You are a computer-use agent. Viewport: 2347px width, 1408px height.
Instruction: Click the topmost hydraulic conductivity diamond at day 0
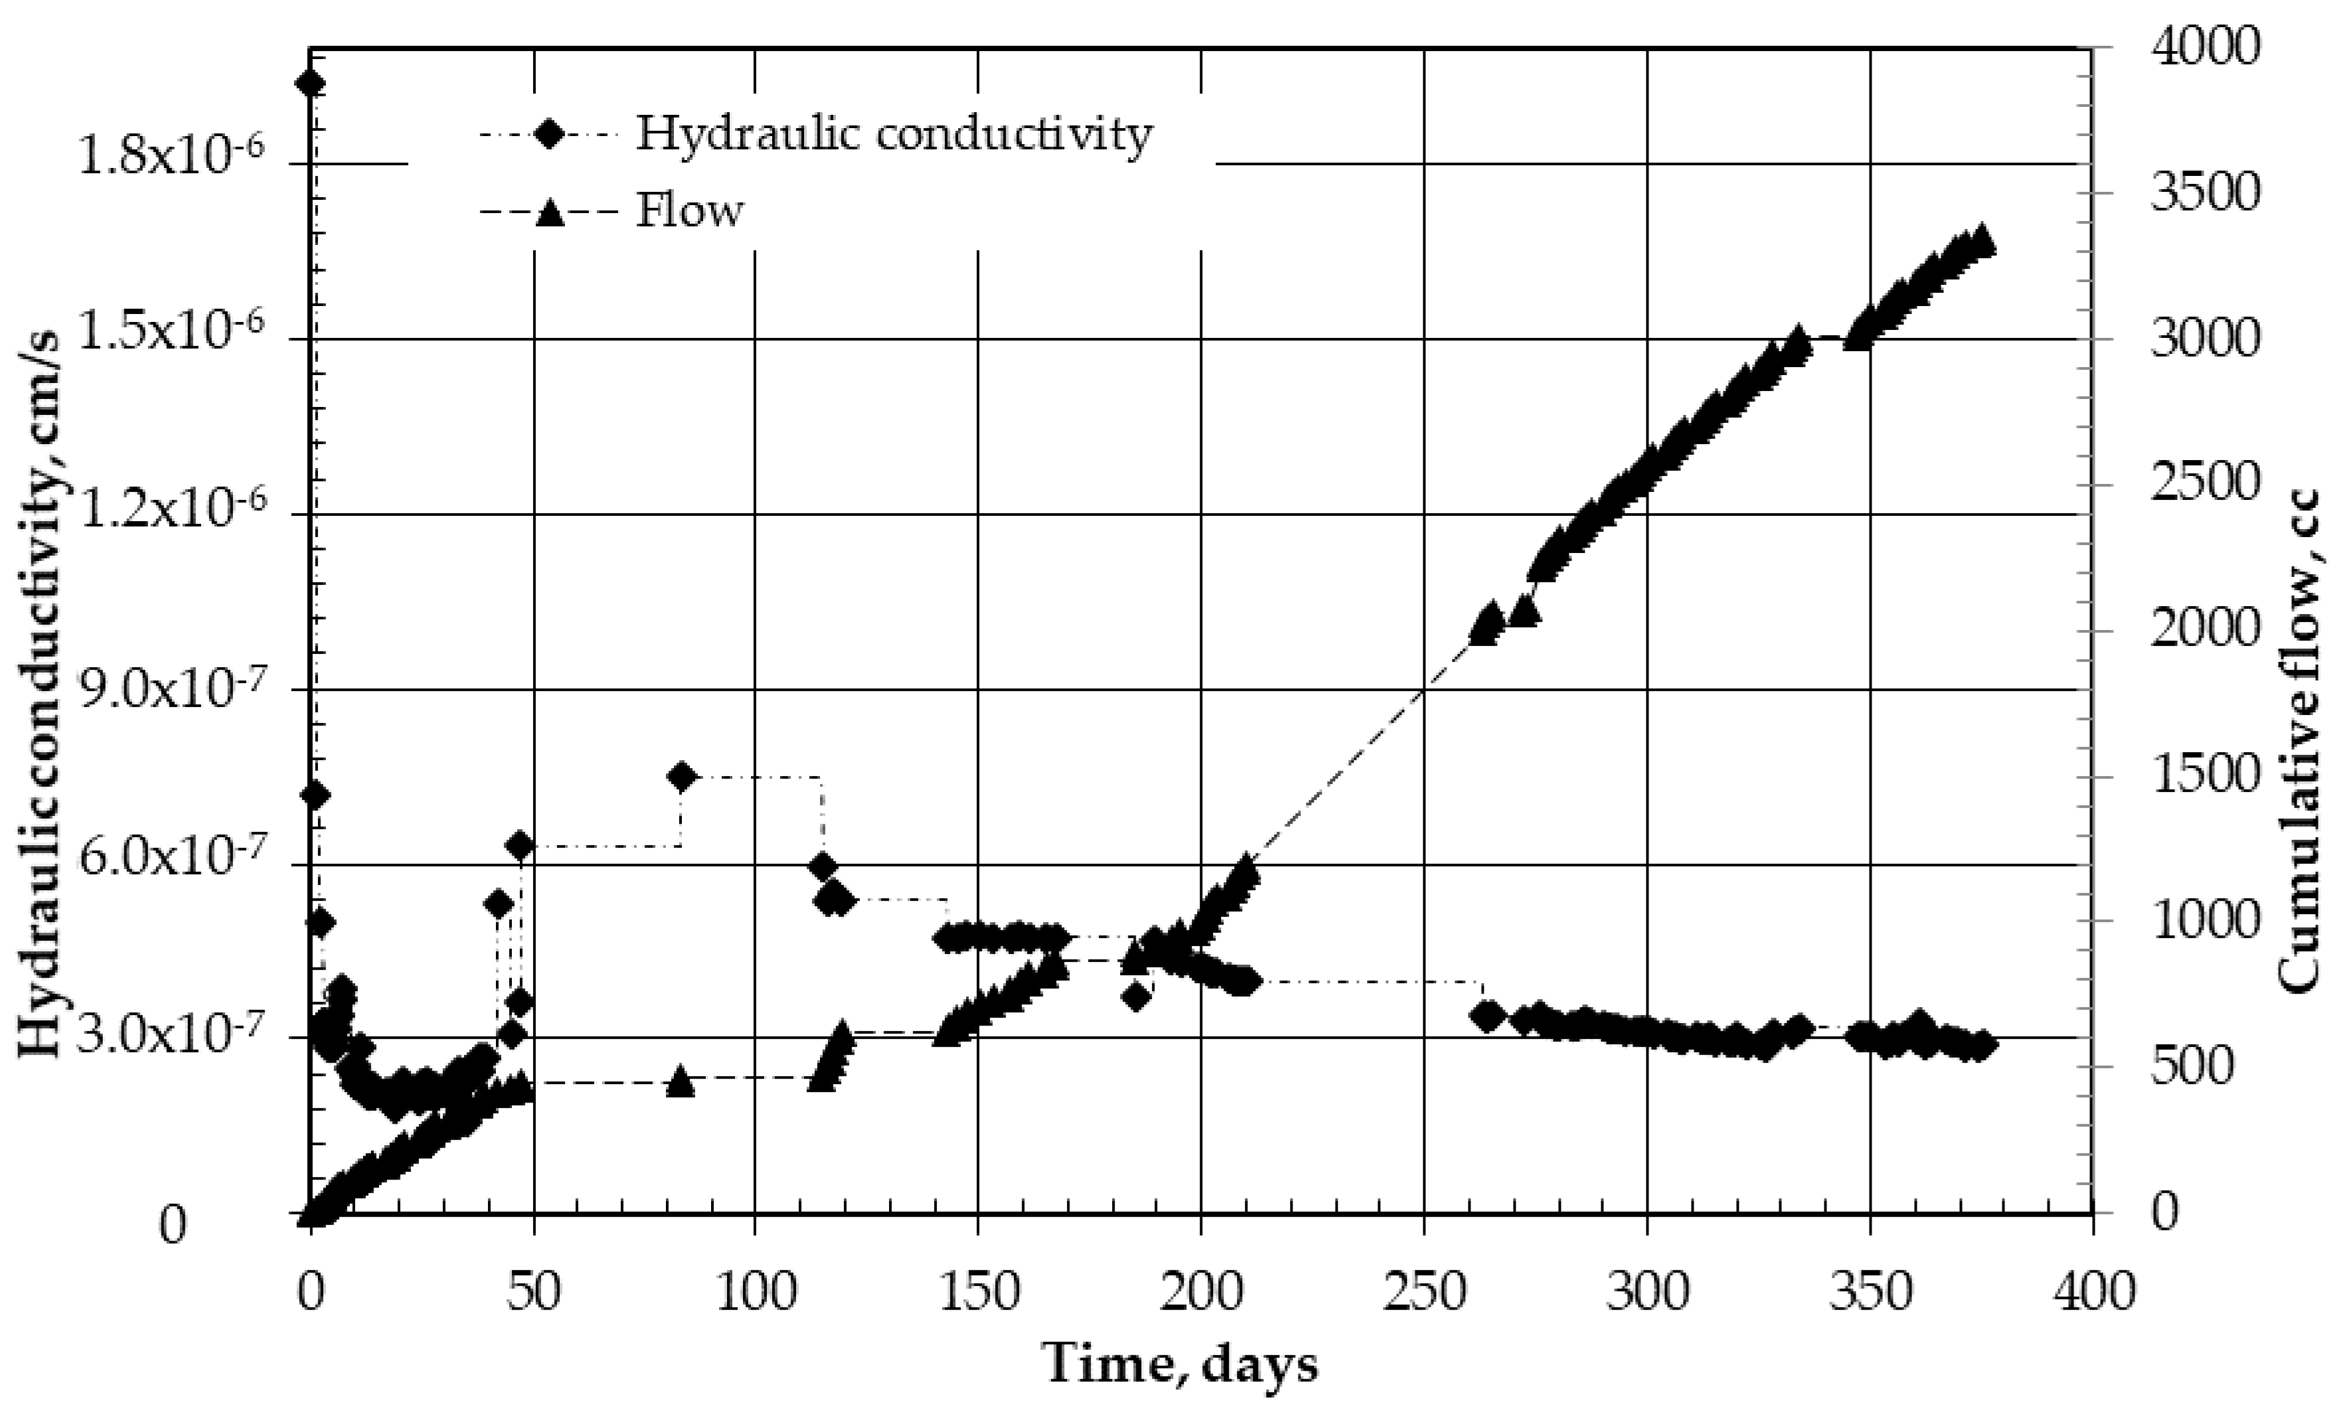[311, 84]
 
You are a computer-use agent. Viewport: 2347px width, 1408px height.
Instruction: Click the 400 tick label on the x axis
[2093, 1293]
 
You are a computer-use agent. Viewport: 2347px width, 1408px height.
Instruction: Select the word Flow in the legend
[690, 210]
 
